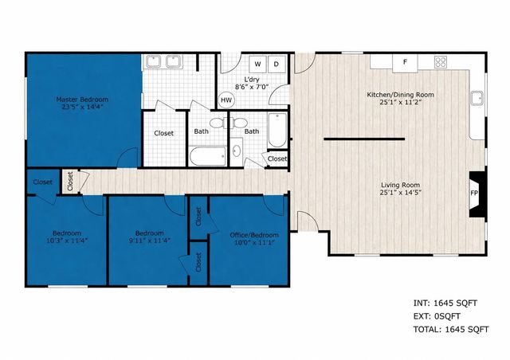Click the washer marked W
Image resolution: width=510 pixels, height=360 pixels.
pyautogui.click(x=258, y=64)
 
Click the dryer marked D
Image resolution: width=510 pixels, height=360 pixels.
pyautogui.click(x=277, y=64)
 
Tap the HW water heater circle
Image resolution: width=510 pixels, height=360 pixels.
pyautogui.click(x=226, y=100)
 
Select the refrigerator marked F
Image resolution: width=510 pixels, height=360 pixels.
pyautogui.click(x=405, y=62)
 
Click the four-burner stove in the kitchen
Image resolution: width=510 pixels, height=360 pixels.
pyautogui.click(x=440, y=62)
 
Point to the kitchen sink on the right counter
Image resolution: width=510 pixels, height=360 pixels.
pyautogui.click(x=477, y=100)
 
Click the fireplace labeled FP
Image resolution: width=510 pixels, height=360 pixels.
pyautogui.click(x=475, y=194)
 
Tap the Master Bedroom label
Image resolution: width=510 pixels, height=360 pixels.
pyautogui.click(x=82, y=100)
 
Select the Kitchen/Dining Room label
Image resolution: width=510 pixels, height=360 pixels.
pyautogui.click(x=394, y=95)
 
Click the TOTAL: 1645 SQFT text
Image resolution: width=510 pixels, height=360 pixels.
pyautogui.click(x=450, y=328)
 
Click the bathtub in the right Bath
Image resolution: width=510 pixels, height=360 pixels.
pyautogui.click(x=276, y=132)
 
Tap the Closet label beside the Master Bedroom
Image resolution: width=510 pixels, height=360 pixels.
pyautogui.click(x=164, y=133)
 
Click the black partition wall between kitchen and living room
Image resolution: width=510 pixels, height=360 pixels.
pyautogui.click(x=364, y=139)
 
